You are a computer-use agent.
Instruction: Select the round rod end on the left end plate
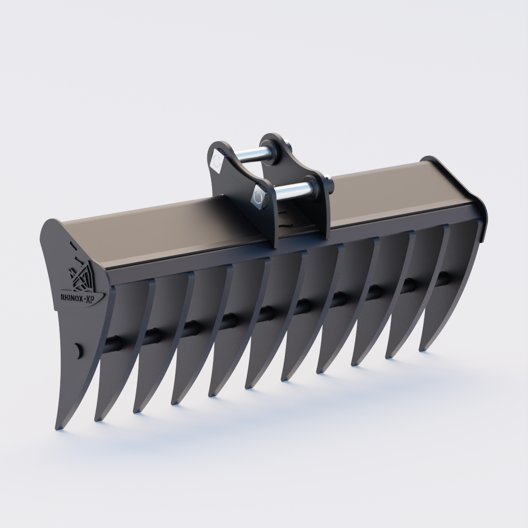coord(78,349)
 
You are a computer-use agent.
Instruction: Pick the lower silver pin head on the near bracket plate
coord(259,198)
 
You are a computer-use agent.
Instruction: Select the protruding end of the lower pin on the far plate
coord(329,180)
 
